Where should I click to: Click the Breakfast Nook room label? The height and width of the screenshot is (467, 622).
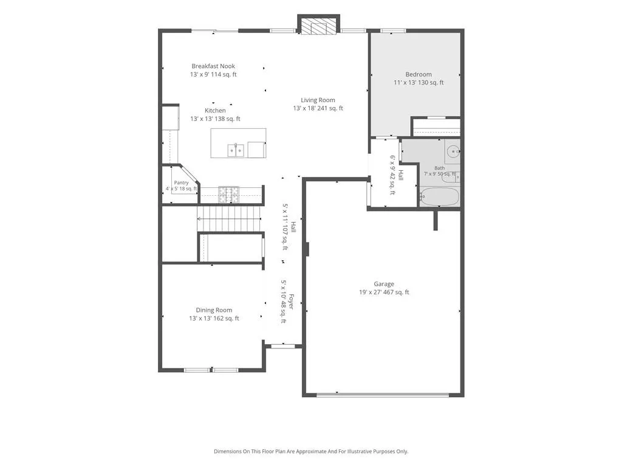click(x=213, y=66)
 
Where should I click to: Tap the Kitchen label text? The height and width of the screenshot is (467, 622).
click(x=215, y=111)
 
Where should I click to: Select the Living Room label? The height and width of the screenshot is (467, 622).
click(x=318, y=100)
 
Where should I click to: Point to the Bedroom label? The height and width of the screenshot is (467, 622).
click(x=419, y=74)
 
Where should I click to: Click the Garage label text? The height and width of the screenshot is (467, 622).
click(x=384, y=284)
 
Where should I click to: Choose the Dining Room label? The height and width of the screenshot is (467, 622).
click(x=214, y=310)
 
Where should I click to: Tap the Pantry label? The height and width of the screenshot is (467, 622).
click(x=181, y=182)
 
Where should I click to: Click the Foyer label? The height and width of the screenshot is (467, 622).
click(x=291, y=302)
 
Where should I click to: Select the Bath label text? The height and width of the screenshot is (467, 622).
click(x=440, y=168)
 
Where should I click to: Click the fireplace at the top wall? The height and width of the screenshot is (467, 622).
click(x=318, y=26)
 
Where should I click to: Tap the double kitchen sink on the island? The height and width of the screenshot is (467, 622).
click(x=236, y=151)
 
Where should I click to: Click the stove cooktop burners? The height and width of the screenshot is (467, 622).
click(x=229, y=195)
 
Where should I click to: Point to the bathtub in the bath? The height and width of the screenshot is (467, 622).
click(x=440, y=198)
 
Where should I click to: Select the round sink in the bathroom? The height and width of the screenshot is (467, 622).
click(x=453, y=151)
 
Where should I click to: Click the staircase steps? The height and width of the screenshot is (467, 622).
click(x=230, y=218)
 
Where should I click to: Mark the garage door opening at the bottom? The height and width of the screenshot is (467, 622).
click(x=383, y=395)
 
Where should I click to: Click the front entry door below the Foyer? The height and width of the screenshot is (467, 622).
click(x=283, y=347)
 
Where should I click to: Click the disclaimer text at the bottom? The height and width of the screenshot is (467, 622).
click(x=311, y=451)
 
